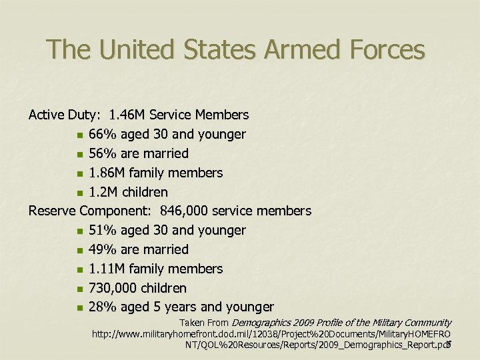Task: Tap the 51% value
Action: (102, 231)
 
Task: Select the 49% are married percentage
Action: (102, 250)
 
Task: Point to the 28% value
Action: (102, 307)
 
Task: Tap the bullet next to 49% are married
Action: (79, 251)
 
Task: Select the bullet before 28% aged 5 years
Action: (79, 308)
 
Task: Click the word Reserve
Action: (52, 211)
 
